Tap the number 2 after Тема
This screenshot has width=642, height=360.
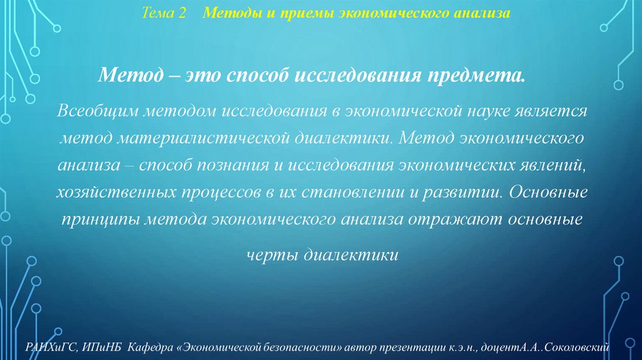(182, 13)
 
